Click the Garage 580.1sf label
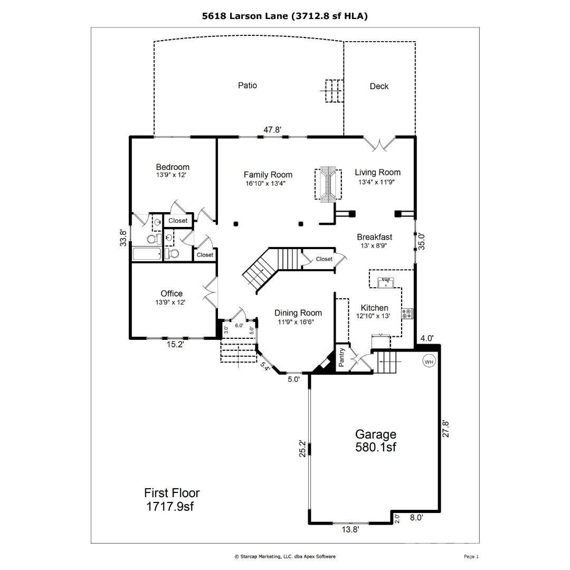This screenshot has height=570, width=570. [375, 441]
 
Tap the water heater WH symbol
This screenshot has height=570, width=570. [429, 362]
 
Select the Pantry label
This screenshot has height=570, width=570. [341, 358]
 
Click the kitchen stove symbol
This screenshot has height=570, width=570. [407, 314]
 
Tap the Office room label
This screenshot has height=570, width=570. [172, 293]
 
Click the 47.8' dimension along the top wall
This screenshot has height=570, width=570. [272, 129]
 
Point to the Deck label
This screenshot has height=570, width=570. [379, 86]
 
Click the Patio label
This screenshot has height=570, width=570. [247, 85]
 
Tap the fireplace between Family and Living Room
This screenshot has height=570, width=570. [329, 184]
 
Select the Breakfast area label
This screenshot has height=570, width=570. [374, 237]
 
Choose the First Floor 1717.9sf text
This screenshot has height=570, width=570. [172, 500]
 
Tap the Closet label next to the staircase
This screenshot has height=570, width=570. [324, 259]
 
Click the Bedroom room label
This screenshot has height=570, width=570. [172, 167]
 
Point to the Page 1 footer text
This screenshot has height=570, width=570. [471, 556]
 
